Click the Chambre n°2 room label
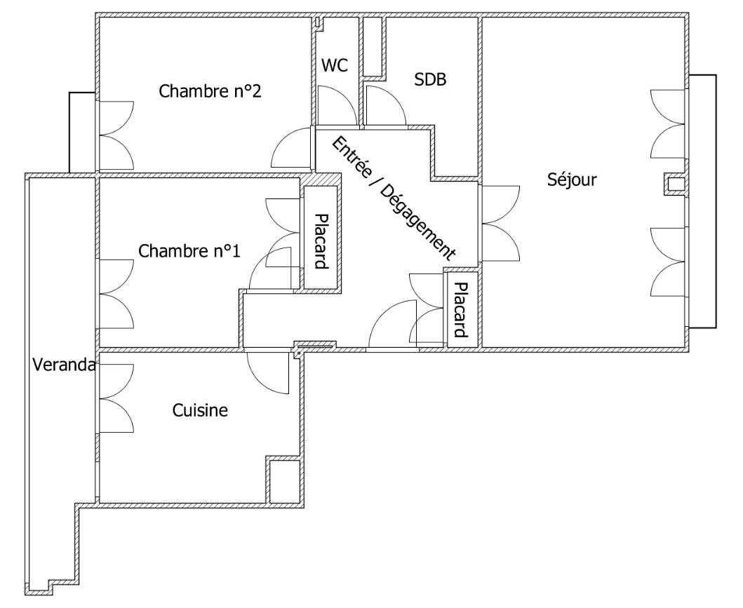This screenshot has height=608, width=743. tap(210, 91)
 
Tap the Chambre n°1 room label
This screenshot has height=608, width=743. tap(189, 251)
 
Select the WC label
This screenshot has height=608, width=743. tap(335, 65)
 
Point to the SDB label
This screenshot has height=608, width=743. tap(431, 79)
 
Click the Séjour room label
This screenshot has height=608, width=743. tap(572, 180)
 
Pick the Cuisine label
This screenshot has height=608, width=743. tap(200, 410)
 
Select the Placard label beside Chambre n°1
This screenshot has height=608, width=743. tap(322, 242)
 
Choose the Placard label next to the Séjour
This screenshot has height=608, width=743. tap(461, 310)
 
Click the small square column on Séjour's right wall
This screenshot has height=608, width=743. tap(675, 184)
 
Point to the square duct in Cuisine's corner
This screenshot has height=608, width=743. tap(284, 480)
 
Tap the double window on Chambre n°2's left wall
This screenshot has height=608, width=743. tap(116, 135)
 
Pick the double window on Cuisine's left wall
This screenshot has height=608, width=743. tap(116, 400)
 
